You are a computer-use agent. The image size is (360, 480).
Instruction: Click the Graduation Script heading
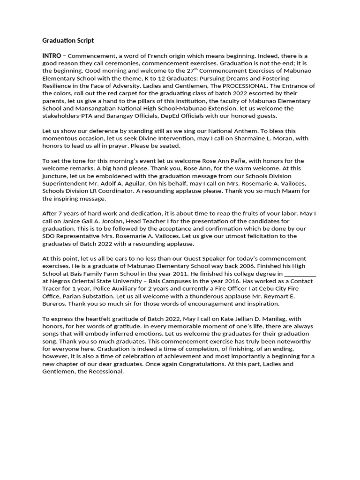(x=68, y=41)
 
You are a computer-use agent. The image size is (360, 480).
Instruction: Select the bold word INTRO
(x=51, y=56)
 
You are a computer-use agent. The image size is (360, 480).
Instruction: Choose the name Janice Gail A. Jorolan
(x=90, y=221)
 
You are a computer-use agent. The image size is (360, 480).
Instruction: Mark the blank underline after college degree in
(x=300, y=273)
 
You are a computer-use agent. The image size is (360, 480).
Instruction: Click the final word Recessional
(x=105, y=371)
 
